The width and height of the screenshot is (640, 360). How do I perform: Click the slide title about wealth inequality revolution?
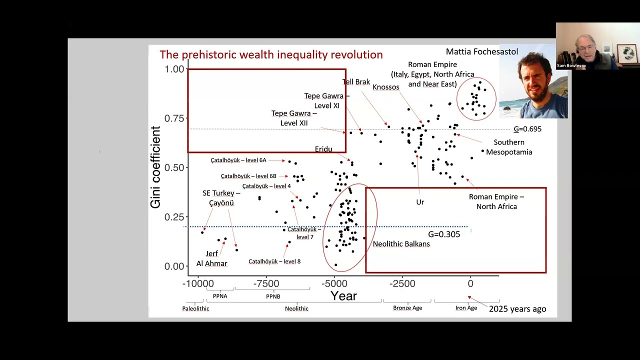click(x=271, y=55)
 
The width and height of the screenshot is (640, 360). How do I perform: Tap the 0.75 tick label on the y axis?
click(x=174, y=118)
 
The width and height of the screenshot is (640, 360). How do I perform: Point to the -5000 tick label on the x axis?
click(x=334, y=283)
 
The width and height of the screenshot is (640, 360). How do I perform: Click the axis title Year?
click(x=343, y=296)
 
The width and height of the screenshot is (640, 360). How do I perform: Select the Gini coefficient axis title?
click(x=155, y=167)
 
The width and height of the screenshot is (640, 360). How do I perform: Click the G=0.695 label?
click(x=527, y=129)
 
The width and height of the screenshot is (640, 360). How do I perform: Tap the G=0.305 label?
click(x=444, y=234)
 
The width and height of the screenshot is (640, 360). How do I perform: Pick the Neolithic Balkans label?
click(x=401, y=244)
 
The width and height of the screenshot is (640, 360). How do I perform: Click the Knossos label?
click(x=386, y=87)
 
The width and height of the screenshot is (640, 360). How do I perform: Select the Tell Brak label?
click(x=356, y=82)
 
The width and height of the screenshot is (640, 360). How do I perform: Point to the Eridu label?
click(x=323, y=149)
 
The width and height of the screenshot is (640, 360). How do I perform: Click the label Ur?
click(x=420, y=202)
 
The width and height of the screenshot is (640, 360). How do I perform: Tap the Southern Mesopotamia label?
click(x=509, y=147)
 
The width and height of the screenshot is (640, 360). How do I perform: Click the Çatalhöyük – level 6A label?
click(x=238, y=160)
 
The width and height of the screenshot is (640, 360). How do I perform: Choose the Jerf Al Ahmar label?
click(x=211, y=258)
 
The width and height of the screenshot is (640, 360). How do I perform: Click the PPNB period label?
click(x=273, y=296)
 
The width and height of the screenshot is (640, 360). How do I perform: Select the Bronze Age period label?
click(x=407, y=307)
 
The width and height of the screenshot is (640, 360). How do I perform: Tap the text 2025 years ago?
click(x=517, y=309)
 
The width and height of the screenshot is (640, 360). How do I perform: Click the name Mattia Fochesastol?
click(x=481, y=51)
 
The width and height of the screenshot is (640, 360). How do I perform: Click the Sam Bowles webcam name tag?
click(x=569, y=65)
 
